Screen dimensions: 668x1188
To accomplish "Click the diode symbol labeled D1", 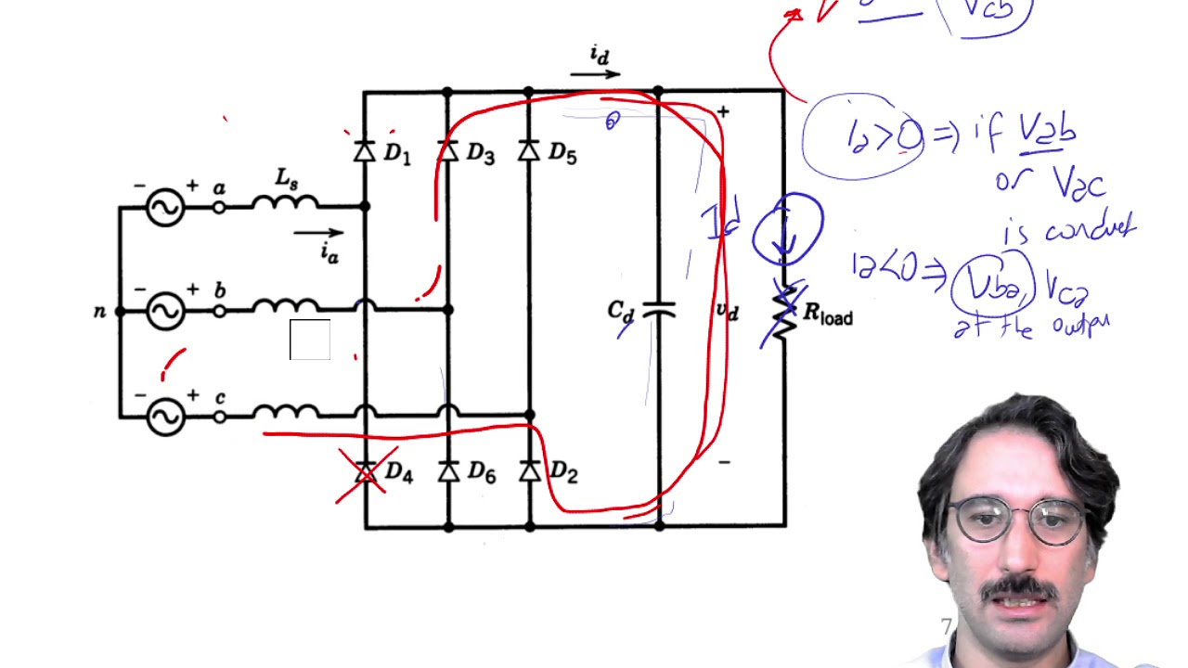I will [x=365, y=151].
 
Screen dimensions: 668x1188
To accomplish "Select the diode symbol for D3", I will [x=448, y=151].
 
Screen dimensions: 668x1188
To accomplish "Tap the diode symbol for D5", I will [x=529, y=151].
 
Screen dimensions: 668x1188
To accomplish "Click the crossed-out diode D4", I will [x=366, y=473].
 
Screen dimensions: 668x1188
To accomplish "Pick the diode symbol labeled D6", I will [x=448, y=472].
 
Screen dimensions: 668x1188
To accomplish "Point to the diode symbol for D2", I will [x=530, y=472].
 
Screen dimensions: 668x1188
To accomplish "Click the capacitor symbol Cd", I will [x=658, y=310].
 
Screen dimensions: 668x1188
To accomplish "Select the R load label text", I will [x=827, y=315].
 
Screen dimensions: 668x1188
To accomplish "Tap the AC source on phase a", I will [x=165, y=207].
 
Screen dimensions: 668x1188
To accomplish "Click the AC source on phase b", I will [x=165, y=312].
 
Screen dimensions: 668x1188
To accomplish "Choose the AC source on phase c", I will [x=165, y=417].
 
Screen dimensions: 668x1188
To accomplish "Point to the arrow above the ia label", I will [x=318, y=234].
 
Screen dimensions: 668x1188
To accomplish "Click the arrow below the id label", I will [x=595, y=74].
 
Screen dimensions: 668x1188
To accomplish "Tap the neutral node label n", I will [x=99, y=312].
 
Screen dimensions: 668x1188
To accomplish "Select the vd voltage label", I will [x=728, y=311].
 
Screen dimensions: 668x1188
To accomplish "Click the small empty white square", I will [x=310, y=340].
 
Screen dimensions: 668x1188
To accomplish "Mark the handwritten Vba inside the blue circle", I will [x=990, y=284].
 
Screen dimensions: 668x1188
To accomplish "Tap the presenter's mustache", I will [x=1019, y=588].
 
